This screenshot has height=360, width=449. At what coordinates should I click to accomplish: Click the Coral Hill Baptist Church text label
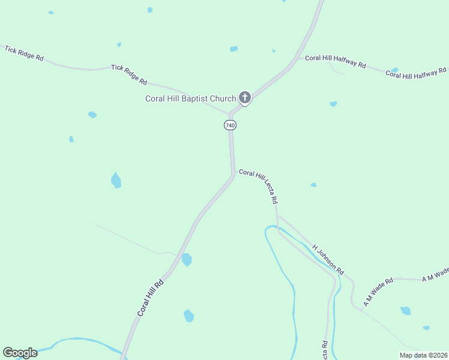pyautogui.click(x=190, y=99)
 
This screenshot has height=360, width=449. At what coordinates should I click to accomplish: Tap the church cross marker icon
pyautogui.click(x=244, y=97)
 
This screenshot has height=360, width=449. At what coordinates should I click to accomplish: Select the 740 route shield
pyautogui.click(x=230, y=125)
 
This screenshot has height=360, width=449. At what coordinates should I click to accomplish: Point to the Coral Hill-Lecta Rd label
pyautogui.click(x=258, y=186)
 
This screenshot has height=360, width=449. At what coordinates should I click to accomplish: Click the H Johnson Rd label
pyautogui.click(x=328, y=259)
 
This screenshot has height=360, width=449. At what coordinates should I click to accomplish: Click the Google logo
pyautogui.click(x=20, y=353)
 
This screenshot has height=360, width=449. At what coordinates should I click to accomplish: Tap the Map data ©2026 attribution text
pyautogui.click(x=423, y=355)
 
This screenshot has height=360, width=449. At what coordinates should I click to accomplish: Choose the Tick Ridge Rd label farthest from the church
pyautogui.click(x=24, y=53)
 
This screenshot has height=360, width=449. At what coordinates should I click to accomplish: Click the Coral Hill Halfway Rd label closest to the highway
pyautogui.click(x=336, y=61)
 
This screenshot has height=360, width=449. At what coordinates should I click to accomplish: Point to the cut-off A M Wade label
pyautogui.click(x=435, y=275)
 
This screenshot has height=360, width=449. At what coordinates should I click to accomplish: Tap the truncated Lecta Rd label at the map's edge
pyautogui.click(x=325, y=350)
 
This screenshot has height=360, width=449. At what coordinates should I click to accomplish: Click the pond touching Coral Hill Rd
pyautogui.click(x=187, y=260)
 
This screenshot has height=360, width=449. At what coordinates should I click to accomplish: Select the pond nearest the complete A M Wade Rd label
pyautogui.click(x=406, y=310)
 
